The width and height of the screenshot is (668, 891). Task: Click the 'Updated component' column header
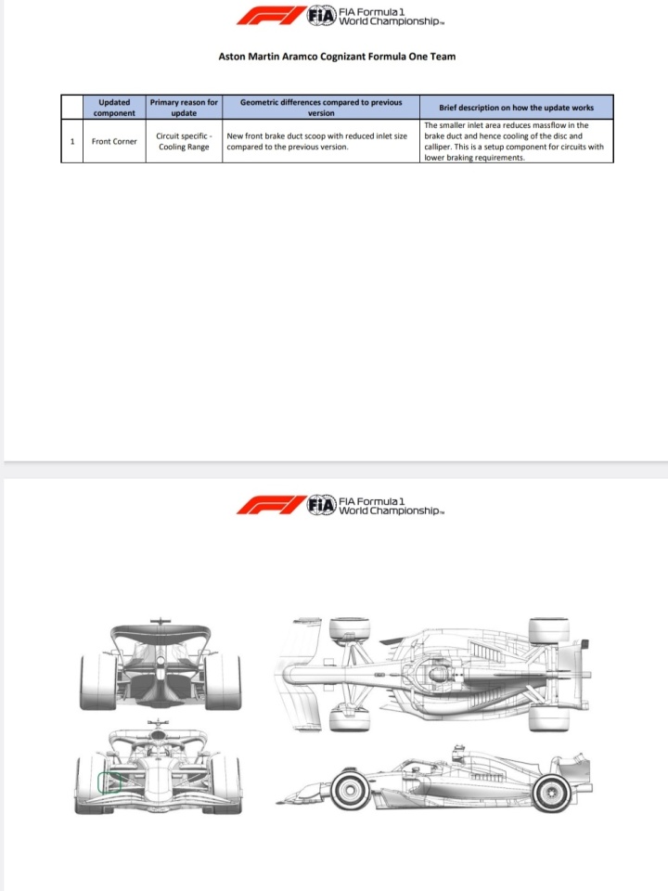point(114,108)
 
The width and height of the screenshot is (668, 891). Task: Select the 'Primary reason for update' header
point(184,108)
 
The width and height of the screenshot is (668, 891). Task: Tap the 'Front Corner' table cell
point(114,141)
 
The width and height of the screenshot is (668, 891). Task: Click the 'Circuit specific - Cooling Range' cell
point(184,141)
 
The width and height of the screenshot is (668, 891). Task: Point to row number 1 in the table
point(72,141)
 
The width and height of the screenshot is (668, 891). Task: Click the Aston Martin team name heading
point(337,57)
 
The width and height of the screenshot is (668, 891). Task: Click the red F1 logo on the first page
point(272,16)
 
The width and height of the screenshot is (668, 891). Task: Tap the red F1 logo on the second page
point(272,505)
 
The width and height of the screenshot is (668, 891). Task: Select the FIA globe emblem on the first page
point(322,16)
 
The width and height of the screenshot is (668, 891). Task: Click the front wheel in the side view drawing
point(351,789)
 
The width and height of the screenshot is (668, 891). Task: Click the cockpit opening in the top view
point(437,675)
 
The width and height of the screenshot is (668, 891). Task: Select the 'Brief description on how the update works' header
point(517,108)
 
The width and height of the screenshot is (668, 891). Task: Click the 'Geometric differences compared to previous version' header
point(321,108)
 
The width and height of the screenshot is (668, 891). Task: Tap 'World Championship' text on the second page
point(390,510)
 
